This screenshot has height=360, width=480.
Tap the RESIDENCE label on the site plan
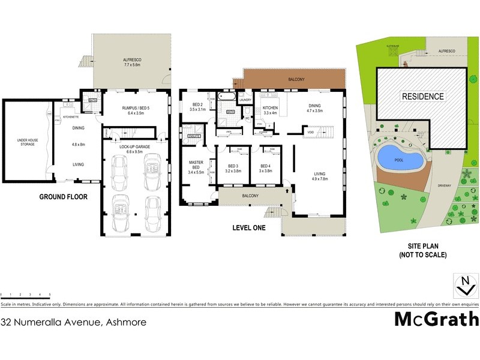click(422, 96)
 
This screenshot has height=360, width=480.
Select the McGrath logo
click(436, 319)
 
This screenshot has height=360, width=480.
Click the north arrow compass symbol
click(466, 286)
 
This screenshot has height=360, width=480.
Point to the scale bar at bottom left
click(25, 294)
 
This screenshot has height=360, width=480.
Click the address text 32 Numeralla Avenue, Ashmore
click(73, 322)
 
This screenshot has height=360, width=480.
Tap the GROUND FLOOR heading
click(64, 196)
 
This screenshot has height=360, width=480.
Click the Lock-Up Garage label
click(134, 146)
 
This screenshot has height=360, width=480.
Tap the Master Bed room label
click(196, 167)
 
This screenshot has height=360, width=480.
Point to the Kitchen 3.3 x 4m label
click(270, 110)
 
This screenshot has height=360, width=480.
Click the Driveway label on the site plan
click(444, 185)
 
